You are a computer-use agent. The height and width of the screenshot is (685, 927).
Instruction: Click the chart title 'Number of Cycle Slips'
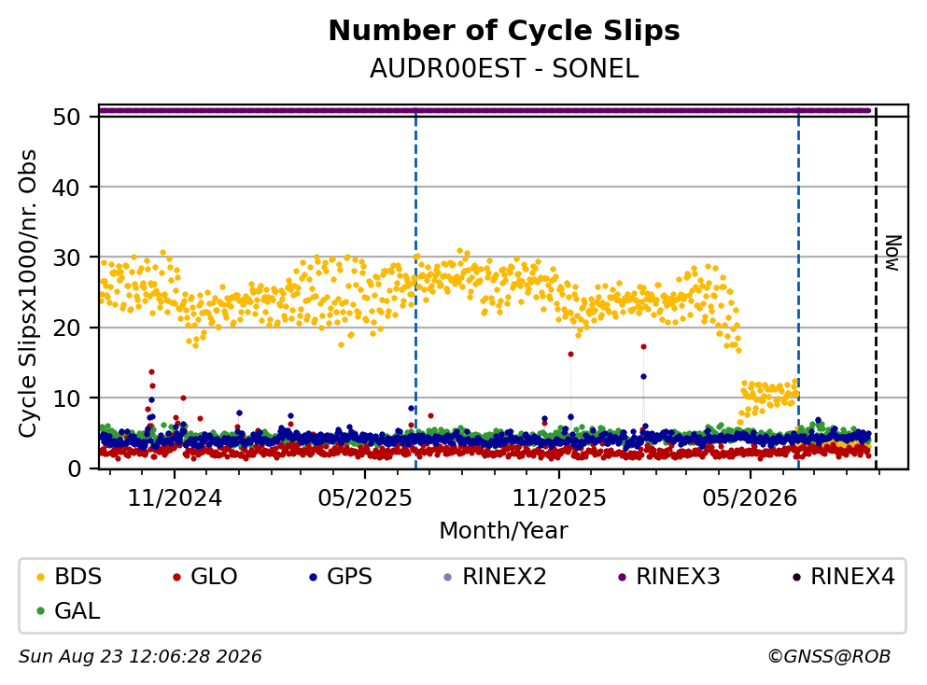pos(504,31)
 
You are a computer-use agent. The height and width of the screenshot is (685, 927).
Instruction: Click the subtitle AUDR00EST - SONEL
pos(504,69)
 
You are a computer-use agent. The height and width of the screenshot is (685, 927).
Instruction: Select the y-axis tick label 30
pos(66,258)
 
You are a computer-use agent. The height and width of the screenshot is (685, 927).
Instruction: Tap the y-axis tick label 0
pos(74,468)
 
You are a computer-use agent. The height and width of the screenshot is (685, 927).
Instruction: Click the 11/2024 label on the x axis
pos(175,498)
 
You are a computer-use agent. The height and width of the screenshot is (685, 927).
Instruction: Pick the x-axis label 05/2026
pos(750,498)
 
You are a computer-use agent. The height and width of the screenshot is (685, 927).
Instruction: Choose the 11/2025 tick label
pos(558,498)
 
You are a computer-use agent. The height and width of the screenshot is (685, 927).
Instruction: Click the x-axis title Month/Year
pos(504,531)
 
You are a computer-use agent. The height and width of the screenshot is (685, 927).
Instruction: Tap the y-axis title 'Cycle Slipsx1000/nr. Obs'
pos(27,294)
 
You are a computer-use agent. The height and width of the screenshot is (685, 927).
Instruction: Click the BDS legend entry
pos(69,576)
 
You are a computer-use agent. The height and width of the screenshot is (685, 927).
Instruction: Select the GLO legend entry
pos(205,576)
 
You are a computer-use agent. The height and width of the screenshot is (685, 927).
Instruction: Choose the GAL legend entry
pos(68,610)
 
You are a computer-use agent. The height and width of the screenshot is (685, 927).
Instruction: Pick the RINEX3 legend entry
pos(669,576)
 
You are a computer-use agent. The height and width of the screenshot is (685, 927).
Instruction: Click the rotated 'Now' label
pos(892,253)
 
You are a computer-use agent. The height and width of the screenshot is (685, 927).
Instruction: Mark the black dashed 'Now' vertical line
pos(877,287)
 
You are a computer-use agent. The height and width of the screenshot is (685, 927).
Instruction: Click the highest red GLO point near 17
pos(643,346)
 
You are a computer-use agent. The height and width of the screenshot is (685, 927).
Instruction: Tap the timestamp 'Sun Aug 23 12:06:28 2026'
pos(140,656)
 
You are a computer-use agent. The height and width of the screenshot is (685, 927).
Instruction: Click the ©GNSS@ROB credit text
pos(829,656)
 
